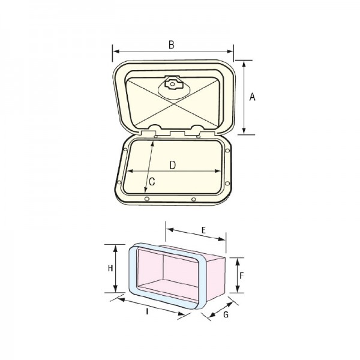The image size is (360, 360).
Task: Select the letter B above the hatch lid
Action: (171, 44)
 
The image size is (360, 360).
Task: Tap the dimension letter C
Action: (152, 181)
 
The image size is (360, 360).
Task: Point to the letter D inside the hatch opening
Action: (172, 165)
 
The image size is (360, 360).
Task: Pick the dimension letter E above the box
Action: (202, 230)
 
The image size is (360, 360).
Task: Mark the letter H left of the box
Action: (110, 269)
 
